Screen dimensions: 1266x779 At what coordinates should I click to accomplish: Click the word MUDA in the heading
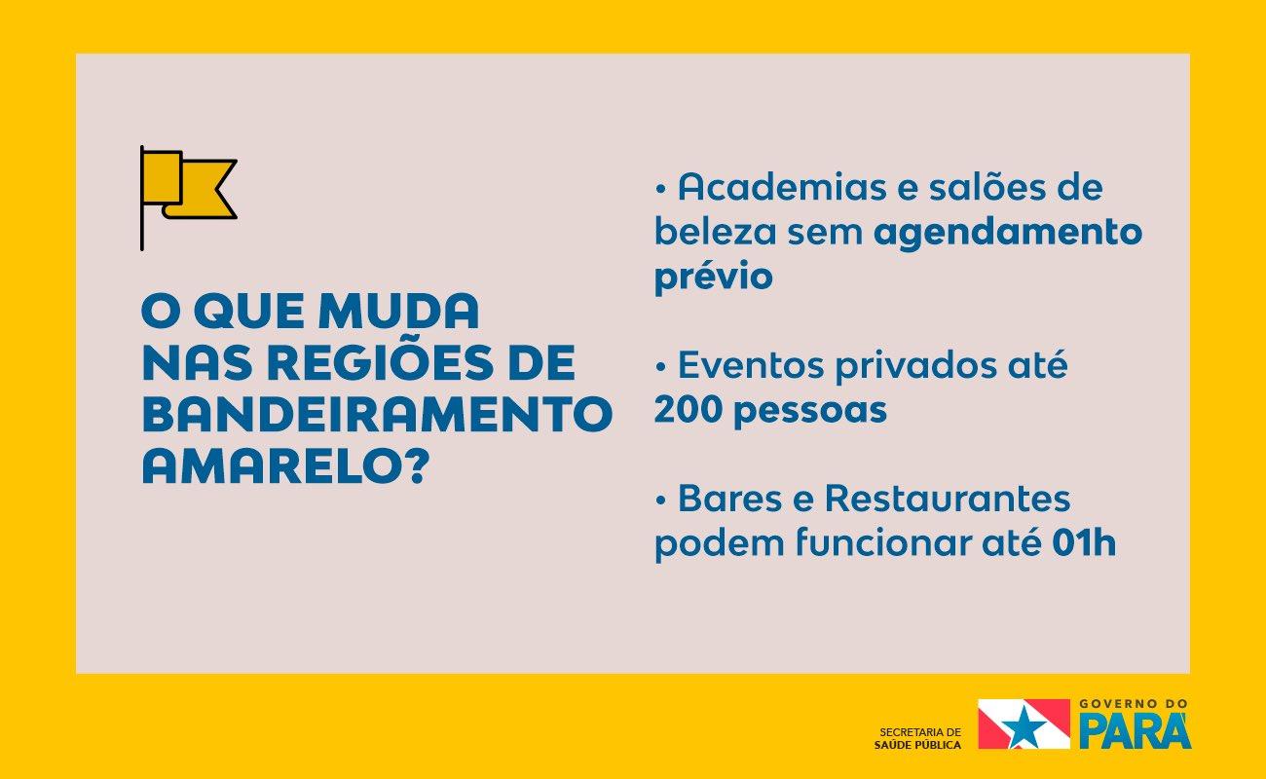tap(398, 311)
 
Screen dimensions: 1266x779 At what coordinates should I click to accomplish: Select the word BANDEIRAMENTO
tap(377, 415)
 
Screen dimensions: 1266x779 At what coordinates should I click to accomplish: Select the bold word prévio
tap(713, 277)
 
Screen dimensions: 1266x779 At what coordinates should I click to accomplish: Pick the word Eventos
tap(751, 365)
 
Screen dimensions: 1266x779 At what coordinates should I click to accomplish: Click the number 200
tap(689, 410)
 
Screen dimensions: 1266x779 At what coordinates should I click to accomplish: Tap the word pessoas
tap(810, 412)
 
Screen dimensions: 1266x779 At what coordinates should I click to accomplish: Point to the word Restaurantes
tap(948, 499)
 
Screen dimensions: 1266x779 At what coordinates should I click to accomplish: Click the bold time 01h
tap(1084, 542)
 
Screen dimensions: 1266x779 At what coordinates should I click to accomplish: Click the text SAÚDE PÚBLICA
tap(917, 745)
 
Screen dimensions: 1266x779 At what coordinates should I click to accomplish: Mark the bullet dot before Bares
tap(659, 500)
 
